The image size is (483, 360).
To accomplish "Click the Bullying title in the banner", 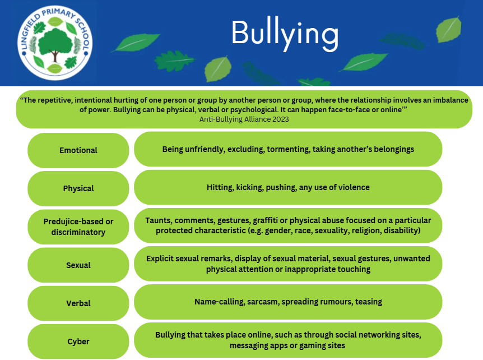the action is (285, 34).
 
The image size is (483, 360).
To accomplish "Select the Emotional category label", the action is (78, 150).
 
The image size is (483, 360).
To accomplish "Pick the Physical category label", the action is (78, 188).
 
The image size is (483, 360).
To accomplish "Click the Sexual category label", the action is (78, 265).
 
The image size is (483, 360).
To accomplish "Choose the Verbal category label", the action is (78, 303).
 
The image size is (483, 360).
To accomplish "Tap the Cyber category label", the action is (78, 341).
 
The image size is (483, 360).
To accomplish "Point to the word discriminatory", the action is (78, 232).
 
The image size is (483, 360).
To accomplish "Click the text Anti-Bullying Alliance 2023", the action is (244, 119).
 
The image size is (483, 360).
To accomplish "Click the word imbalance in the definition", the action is (451, 100).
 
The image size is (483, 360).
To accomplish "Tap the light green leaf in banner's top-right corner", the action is (448, 29).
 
